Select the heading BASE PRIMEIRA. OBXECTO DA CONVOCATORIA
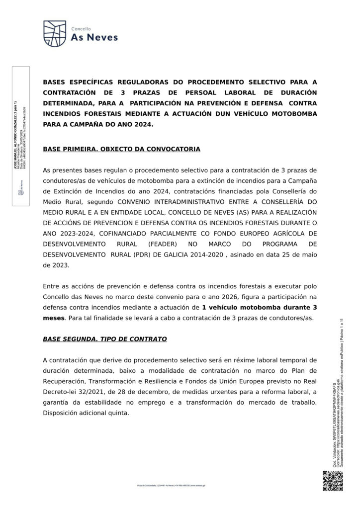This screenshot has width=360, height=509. click(x=122, y=149)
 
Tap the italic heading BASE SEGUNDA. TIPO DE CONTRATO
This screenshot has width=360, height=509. click(x=105, y=339)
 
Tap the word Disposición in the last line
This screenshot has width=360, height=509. click(x=62, y=412)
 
